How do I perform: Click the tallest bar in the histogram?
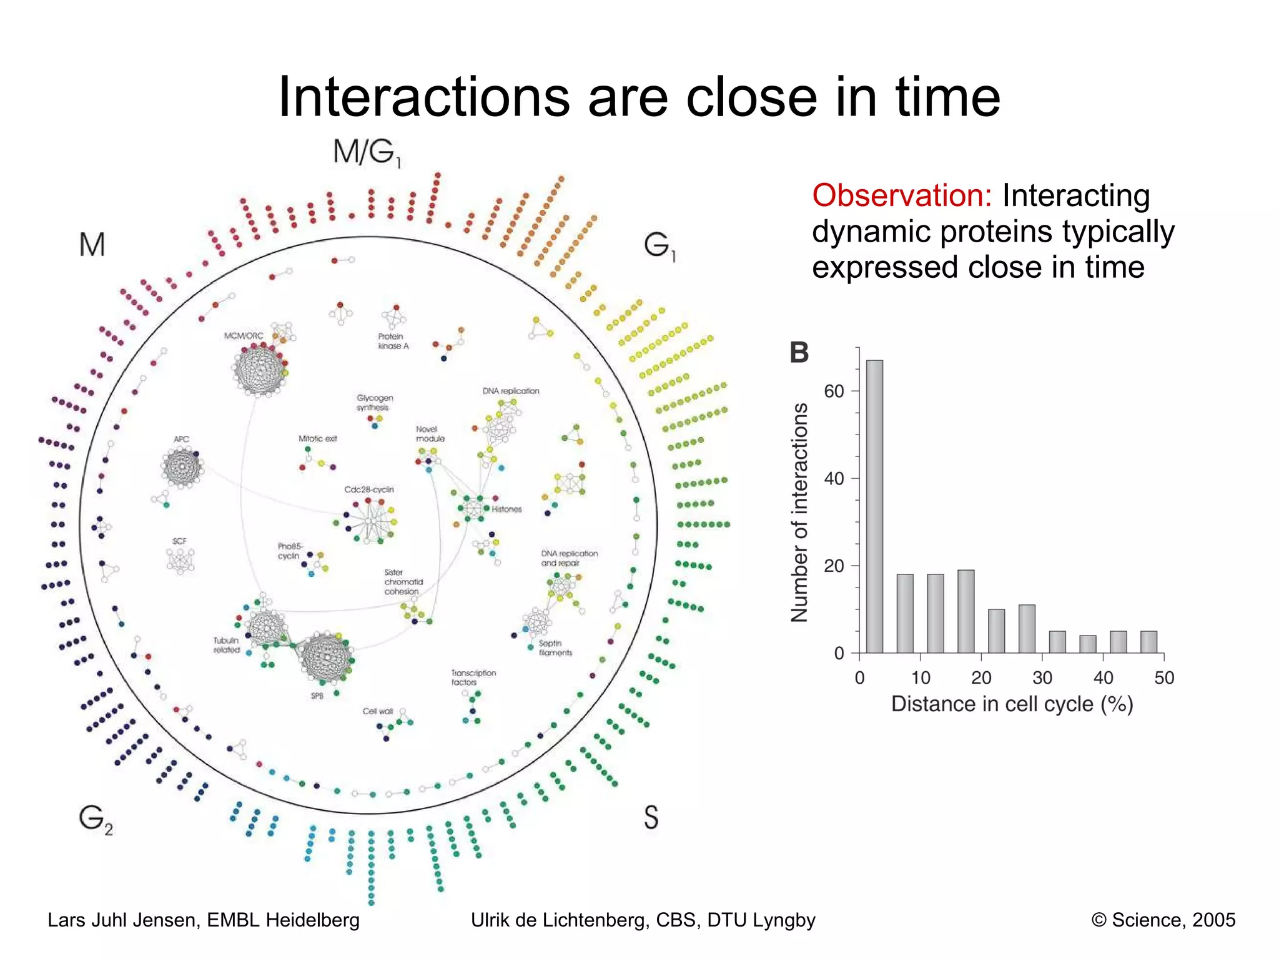874,506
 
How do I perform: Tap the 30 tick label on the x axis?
1042,677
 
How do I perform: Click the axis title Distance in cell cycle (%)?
1012,704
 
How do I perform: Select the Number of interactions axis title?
799,512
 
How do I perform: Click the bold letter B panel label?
799,353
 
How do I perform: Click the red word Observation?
902,195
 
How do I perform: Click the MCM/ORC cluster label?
244,336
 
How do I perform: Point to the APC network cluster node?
182,467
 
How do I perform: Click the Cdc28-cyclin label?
369,489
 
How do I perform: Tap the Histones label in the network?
506,509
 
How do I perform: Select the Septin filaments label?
555,648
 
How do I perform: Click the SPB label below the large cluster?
317,696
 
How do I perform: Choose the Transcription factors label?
473,677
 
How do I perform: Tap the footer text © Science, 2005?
1163,920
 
